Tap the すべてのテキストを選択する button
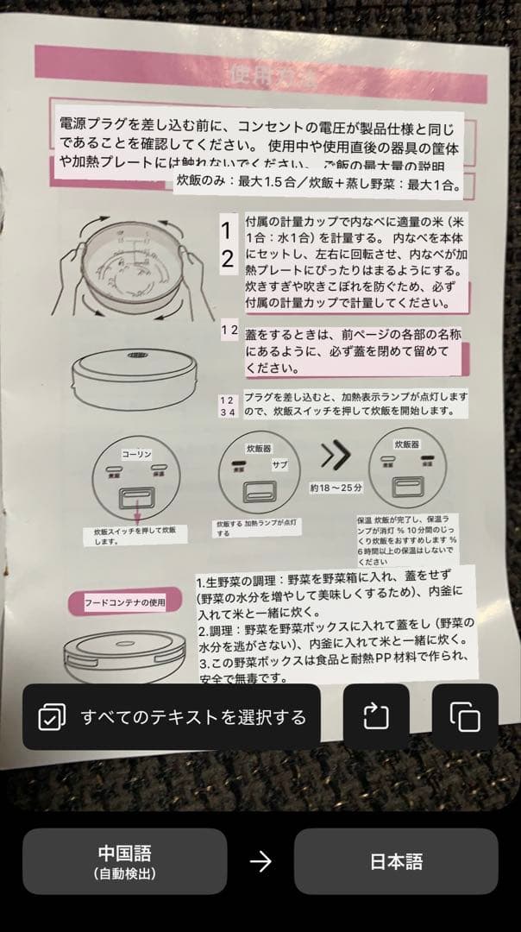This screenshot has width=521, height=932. click(x=172, y=716)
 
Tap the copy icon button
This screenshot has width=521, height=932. click(x=465, y=716)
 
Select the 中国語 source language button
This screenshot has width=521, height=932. click(x=124, y=861)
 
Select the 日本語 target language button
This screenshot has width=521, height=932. click(x=396, y=861)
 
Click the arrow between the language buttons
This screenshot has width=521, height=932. click(x=260, y=861)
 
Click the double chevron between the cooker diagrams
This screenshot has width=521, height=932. click(x=336, y=453)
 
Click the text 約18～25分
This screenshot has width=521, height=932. click(x=336, y=487)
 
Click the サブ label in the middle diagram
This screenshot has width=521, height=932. click(x=280, y=464)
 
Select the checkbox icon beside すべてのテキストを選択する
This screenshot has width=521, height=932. click(x=52, y=716)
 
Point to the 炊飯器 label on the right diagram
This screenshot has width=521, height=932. click(x=406, y=444)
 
